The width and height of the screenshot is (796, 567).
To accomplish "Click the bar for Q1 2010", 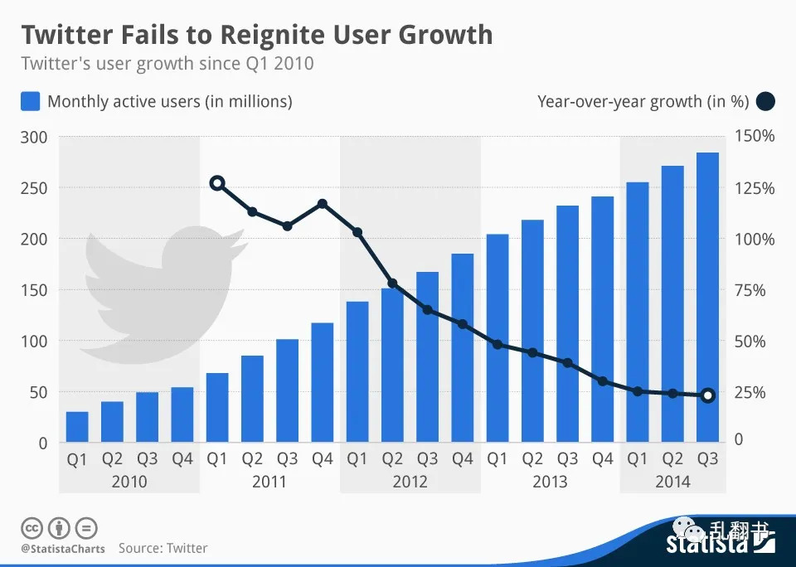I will coord(77,427).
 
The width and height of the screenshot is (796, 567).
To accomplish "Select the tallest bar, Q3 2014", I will coord(707,298).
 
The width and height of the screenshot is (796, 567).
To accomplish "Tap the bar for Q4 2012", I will coord(462,348).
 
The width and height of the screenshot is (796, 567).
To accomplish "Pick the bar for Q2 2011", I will coord(252,399).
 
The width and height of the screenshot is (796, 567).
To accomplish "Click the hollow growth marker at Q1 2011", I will coord(217,183).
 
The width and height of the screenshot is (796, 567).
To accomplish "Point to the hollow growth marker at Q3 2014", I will coord(707,395).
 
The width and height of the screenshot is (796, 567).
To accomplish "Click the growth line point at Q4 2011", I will coord(323,203).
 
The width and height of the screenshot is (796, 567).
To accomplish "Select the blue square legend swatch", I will coord(30,102).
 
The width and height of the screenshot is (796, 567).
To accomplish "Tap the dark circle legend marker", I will coord(765,102).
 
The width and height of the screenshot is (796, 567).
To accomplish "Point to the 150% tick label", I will coord(755,137).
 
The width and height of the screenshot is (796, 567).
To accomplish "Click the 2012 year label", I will coord(410,482).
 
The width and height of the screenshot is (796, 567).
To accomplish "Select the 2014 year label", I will coord(672,482).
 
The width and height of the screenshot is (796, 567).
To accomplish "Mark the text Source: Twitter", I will coord(163,548).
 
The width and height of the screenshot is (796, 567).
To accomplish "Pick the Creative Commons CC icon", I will coord(32,527).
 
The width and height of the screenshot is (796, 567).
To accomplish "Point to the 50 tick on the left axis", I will coord(38,392).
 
